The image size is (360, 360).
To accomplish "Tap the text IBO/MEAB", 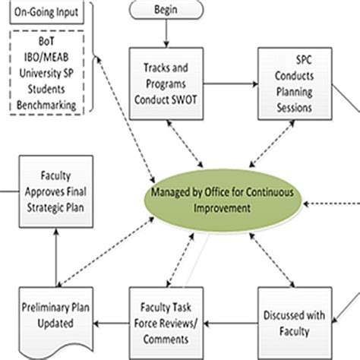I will [46, 63].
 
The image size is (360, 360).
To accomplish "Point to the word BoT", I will [46, 49].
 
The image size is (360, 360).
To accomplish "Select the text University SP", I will [46, 77].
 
